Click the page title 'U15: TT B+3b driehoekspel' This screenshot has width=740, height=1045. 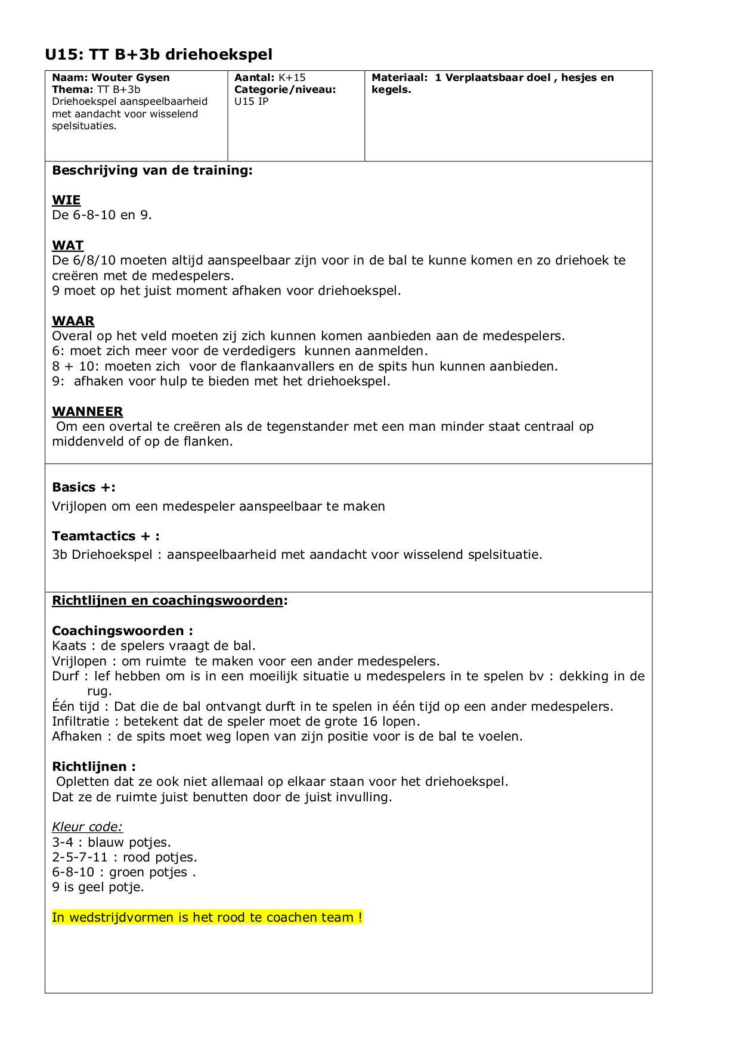coord(159,55)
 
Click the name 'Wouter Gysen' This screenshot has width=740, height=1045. coord(131,77)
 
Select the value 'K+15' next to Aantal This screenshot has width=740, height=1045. coord(292,77)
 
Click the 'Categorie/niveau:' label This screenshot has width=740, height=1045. coord(285,89)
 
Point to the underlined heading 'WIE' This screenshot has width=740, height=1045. coord(66,200)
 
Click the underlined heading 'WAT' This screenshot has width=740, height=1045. coord(67,245)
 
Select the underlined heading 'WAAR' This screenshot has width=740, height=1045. coord(73,321)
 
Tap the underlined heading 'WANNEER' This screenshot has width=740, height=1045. coord(88,412)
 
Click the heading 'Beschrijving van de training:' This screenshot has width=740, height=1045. coord(152,170)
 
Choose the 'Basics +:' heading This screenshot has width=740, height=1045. coord(83,487)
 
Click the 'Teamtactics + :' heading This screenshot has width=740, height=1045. coord(106,536)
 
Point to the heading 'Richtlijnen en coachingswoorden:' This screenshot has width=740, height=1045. coord(169,601)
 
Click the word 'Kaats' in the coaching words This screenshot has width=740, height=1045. coord(69,646)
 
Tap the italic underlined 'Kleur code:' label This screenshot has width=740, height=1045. coord(87,827)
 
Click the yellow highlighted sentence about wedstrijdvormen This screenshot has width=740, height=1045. coord(207,918)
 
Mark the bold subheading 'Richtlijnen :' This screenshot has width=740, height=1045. coord(94,767)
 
